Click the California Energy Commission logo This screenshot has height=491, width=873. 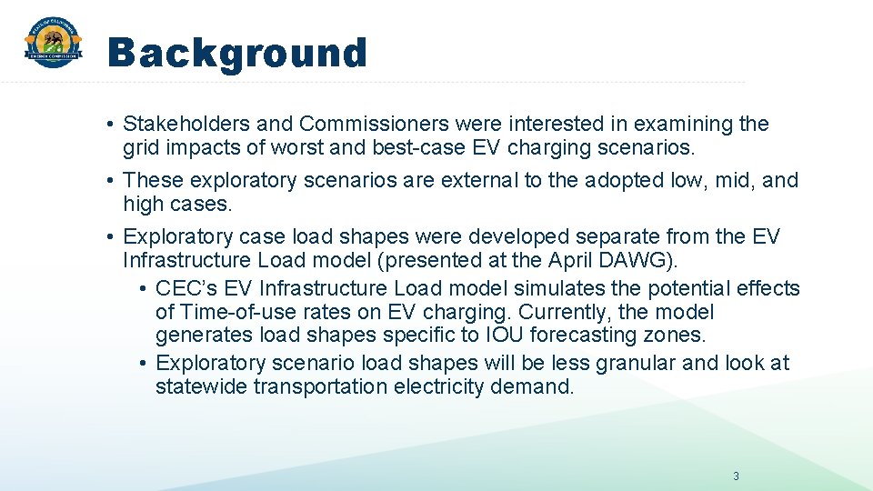point(53,44)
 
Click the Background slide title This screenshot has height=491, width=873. point(236,54)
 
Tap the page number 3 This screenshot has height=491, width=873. point(736,476)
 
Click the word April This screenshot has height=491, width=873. point(572,260)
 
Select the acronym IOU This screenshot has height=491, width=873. point(505,336)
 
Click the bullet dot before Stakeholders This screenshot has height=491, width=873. point(109,125)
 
